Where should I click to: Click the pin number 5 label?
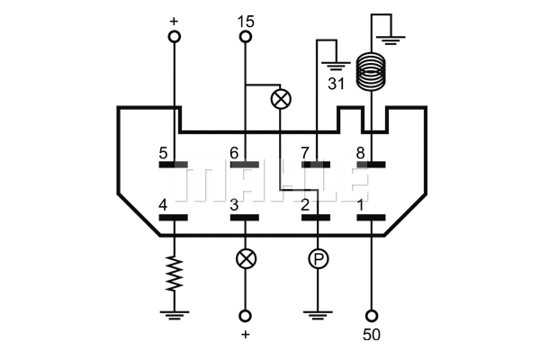click(163, 154)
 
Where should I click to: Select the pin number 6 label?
click(234, 154)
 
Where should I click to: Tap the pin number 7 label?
click(305, 154)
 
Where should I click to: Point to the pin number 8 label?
click(361, 154)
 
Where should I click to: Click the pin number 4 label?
click(163, 206)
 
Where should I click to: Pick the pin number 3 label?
click(234, 206)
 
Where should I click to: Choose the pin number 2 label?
click(305, 206)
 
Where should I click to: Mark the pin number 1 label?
click(361, 206)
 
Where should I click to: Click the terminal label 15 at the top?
click(246, 20)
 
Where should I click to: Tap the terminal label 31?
click(336, 85)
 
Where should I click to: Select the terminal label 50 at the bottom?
click(372, 336)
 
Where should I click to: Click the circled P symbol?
click(317, 259)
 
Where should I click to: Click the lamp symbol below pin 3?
click(245, 259)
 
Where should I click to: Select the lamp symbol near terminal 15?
click(281, 98)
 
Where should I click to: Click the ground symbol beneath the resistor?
click(174, 315)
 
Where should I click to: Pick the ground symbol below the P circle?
click(317, 315)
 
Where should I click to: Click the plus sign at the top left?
click(174, 20)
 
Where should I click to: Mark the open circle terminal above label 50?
click(372, 316)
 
